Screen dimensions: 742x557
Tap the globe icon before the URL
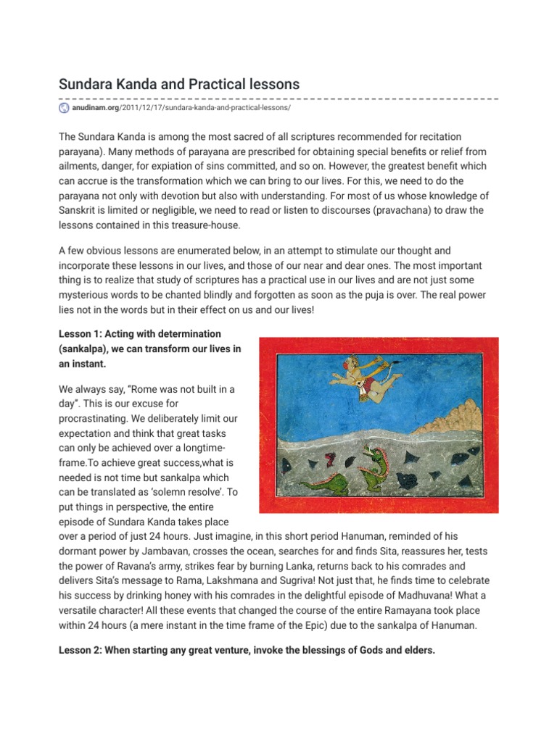click(64, 108)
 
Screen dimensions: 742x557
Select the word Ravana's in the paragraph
click(177, 565)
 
